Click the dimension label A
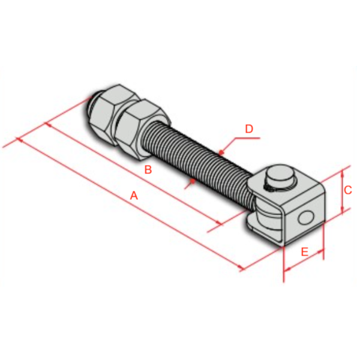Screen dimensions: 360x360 (x=134, y=196)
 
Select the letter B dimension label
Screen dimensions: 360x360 (x=148, y=170)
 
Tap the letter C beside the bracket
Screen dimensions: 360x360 (x=347, y=190)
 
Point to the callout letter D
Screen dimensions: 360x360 (x=249, y=128)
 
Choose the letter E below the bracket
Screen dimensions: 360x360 (x=304, y=252)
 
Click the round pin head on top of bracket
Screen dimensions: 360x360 (x=280, y=178)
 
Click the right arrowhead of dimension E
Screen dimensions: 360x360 (x=323, y=253)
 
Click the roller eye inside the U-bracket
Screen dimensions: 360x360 (x=260, y=213)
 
